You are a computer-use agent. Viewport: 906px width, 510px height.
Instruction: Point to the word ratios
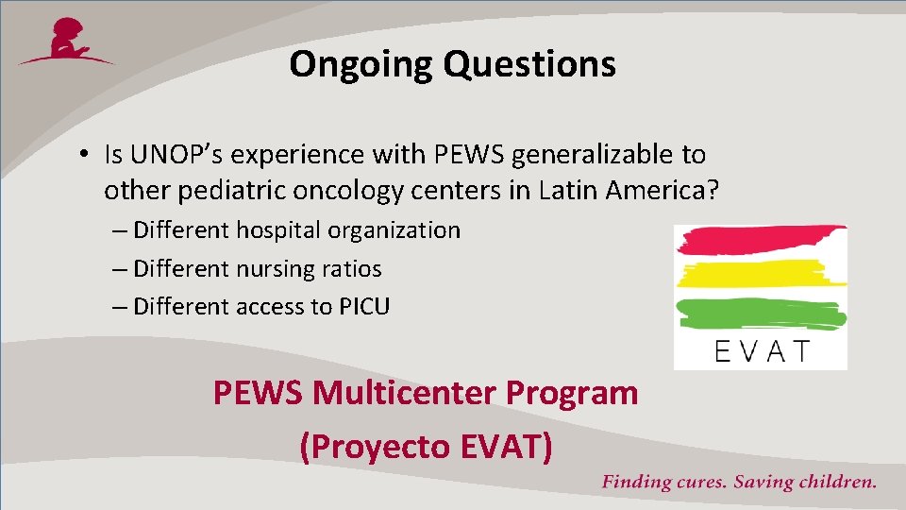[354, 269]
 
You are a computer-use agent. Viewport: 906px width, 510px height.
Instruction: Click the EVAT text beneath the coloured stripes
[762, 352]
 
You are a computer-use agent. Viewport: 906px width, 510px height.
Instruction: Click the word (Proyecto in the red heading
[371, 446]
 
